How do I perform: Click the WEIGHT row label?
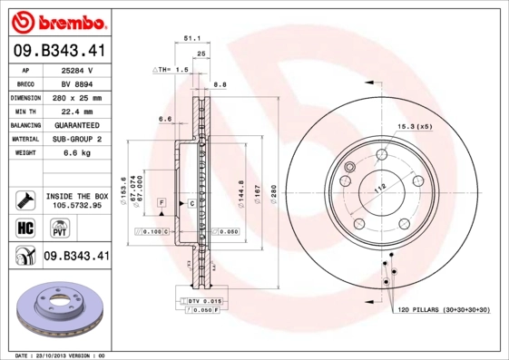(x=25, y=153)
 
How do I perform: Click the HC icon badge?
(x=24, y=226)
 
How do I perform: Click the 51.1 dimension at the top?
(x=191, y=39)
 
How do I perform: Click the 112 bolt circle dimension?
(x=380, y=186)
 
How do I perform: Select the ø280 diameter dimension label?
(x=259, y=191)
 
